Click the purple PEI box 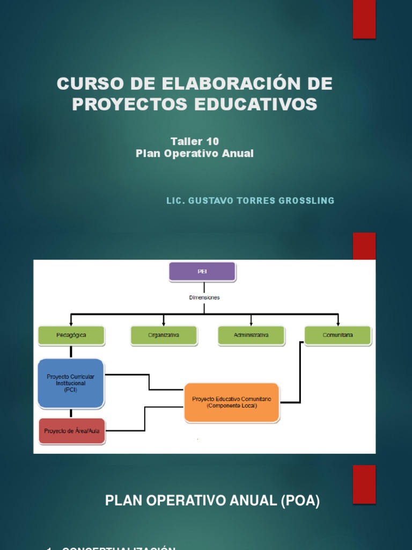202,272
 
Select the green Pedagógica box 71,335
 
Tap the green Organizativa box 164,335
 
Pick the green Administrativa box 251,335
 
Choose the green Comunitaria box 338,335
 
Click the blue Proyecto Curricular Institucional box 70,383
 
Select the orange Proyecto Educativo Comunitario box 232,402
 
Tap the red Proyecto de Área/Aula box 72,431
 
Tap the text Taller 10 195,141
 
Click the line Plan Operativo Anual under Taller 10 195,154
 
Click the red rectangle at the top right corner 364,19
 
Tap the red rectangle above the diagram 364,246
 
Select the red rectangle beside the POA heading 364,484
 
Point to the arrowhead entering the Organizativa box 164,324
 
